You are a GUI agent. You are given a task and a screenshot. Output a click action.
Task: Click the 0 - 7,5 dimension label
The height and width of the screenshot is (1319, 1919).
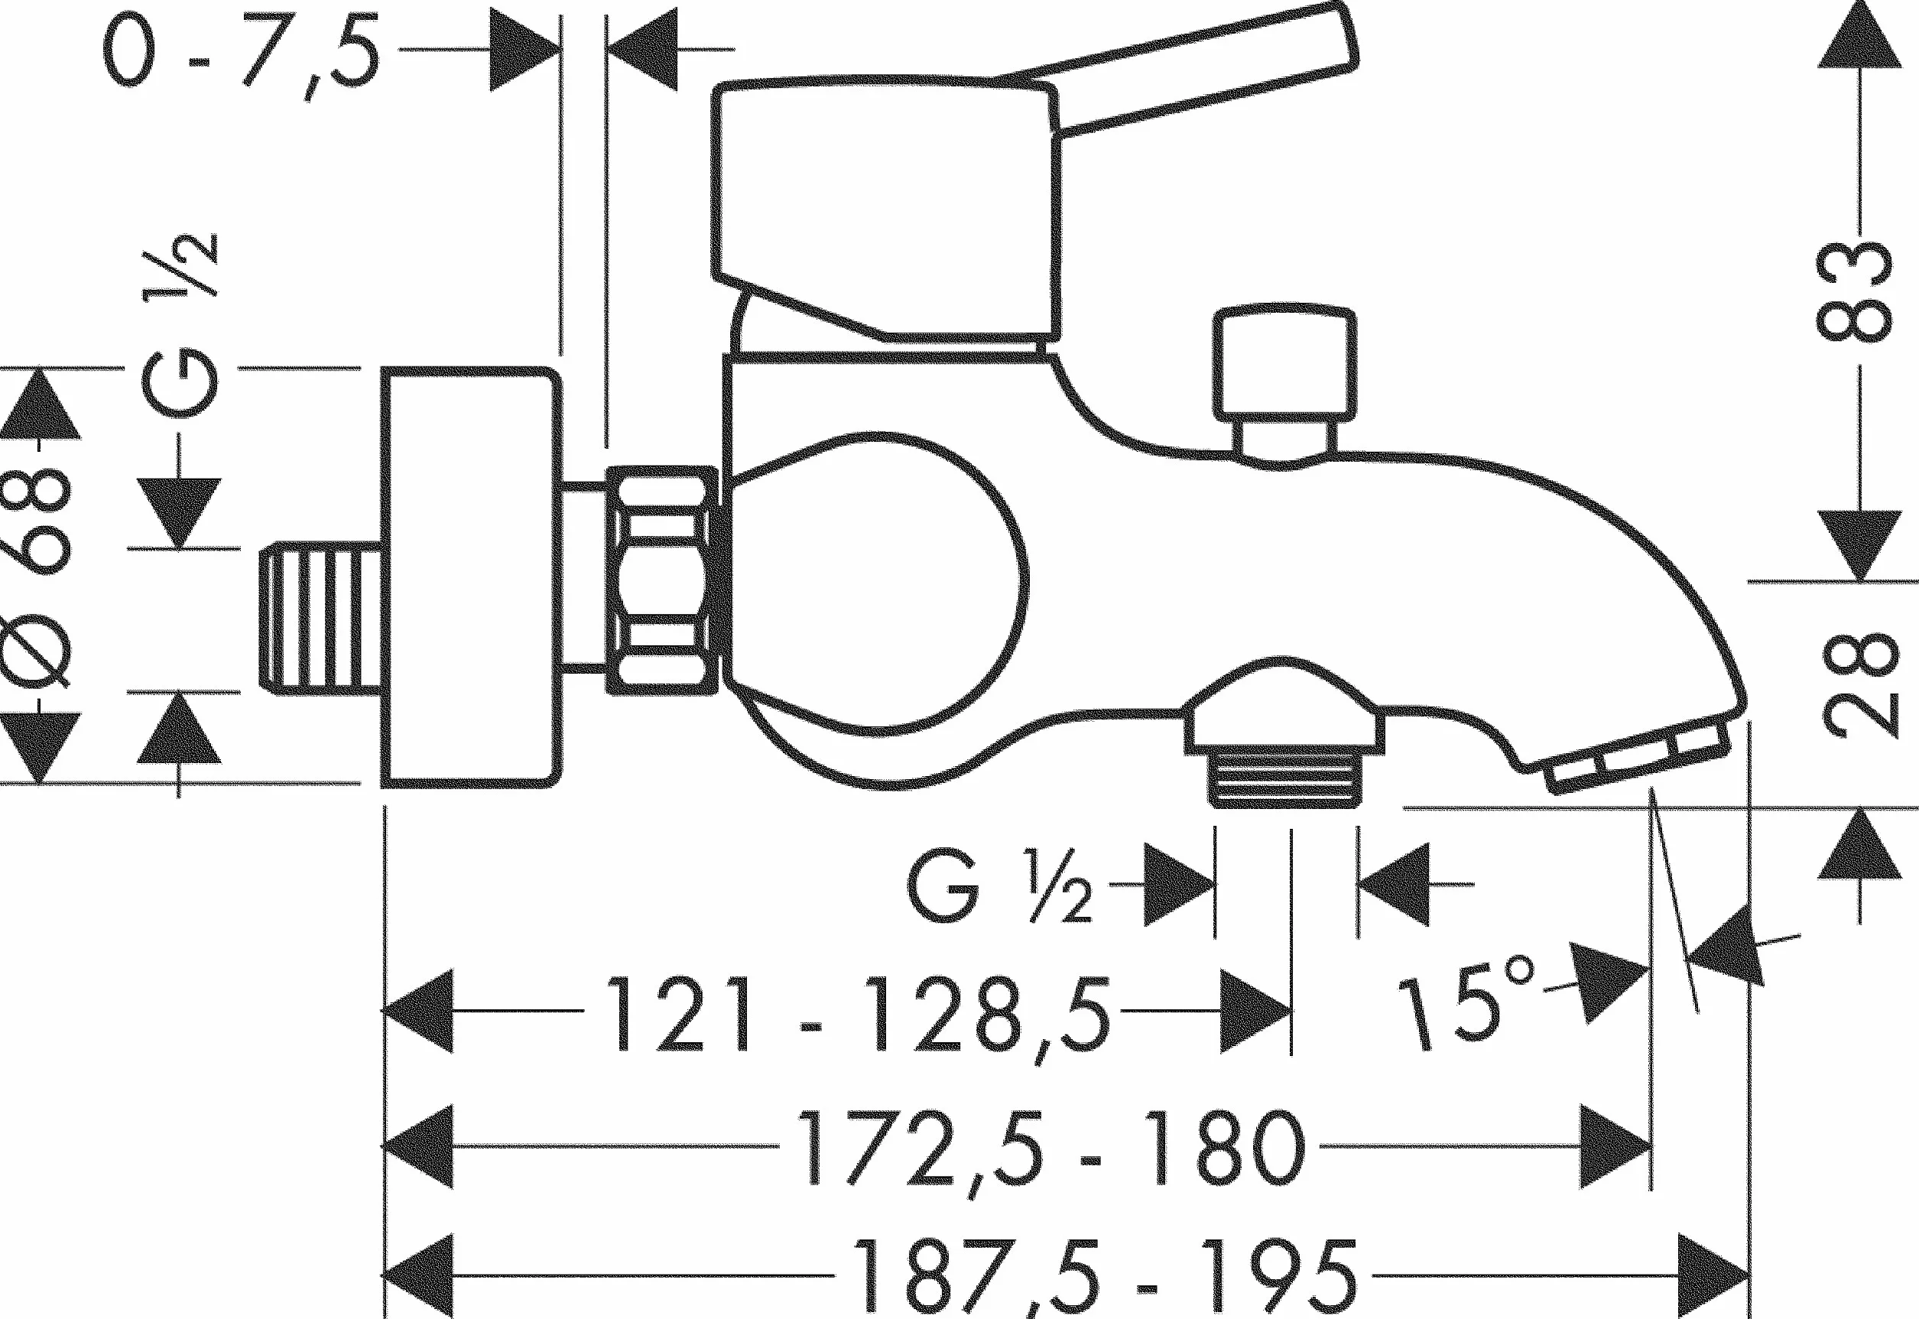(x=242, y=52)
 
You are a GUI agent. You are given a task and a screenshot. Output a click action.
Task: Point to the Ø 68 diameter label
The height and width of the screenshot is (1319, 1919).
(x=37, y=579)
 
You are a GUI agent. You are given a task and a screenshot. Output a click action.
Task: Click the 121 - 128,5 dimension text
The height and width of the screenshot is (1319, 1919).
(x=859, y=1014)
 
